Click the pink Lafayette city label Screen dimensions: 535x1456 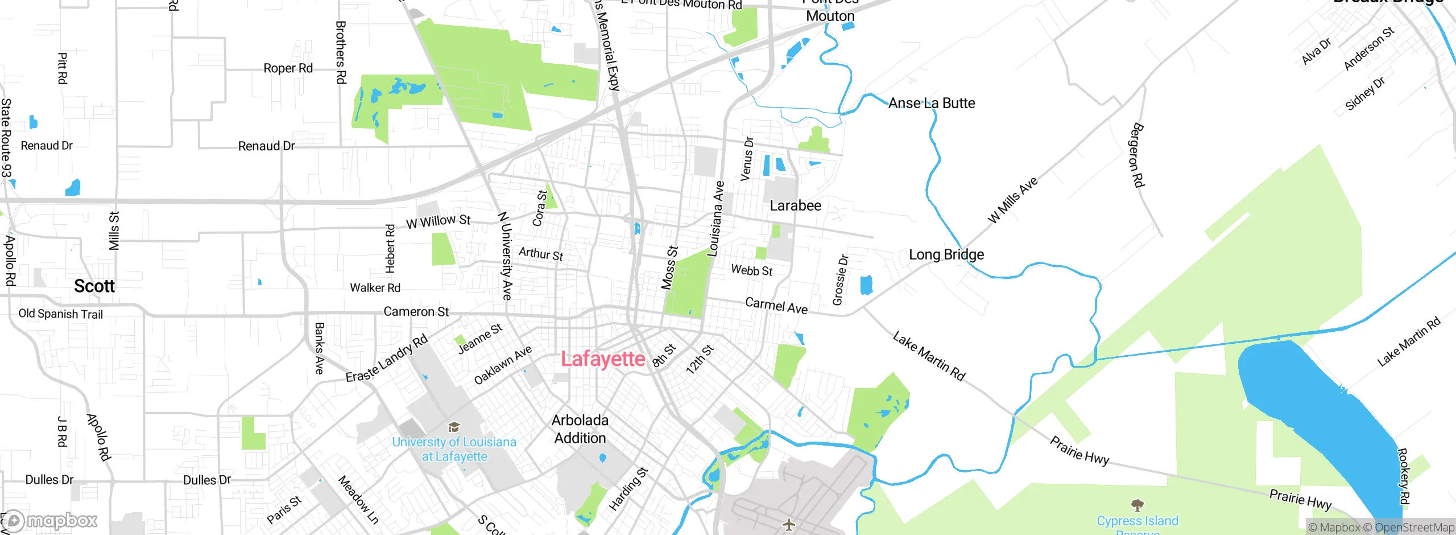(x=603, y=359)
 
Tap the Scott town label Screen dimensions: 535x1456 (x=94, y=286)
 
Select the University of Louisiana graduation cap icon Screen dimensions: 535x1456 (x=454, y=427)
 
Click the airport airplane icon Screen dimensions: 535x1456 (x=788, y=525)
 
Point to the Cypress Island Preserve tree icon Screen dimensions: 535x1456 (x=1137, y=505)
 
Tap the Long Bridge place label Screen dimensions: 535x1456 (x=946, y=254)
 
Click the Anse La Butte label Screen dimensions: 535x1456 (x=931, y=103)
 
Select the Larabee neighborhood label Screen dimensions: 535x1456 (x=795, y=205)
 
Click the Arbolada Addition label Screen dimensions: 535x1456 (x=580, y=429)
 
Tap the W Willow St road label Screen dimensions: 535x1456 (x=438, y=221)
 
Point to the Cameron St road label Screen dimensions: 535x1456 (x=416, y=311)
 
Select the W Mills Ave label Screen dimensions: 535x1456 (x=1013, y=200)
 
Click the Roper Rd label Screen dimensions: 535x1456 (x=288, y=68)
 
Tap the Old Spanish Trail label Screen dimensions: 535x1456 (x=60, y=314)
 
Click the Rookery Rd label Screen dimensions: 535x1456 (x=1403, y=476)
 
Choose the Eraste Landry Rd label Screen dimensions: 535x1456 (x=386, y=359)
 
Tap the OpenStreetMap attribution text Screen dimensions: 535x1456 (x=1414, y=528)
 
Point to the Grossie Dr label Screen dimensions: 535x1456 (x=840, y=280)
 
